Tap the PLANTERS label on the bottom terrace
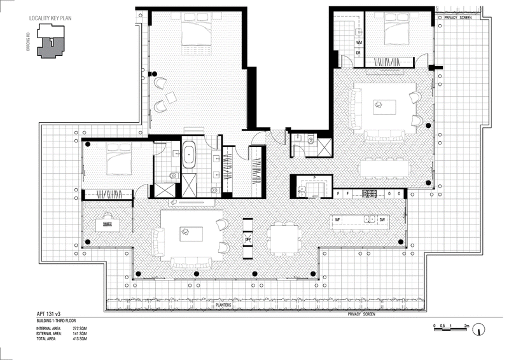[223, 305]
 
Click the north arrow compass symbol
[481, 329]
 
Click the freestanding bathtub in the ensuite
[190, 156]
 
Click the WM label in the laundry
[359, 42]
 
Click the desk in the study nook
[106, 225]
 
